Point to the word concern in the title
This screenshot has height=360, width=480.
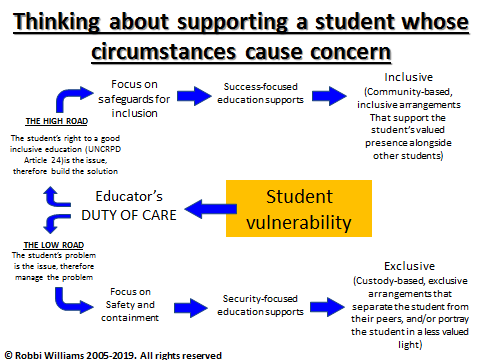click(x=338, y=48)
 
